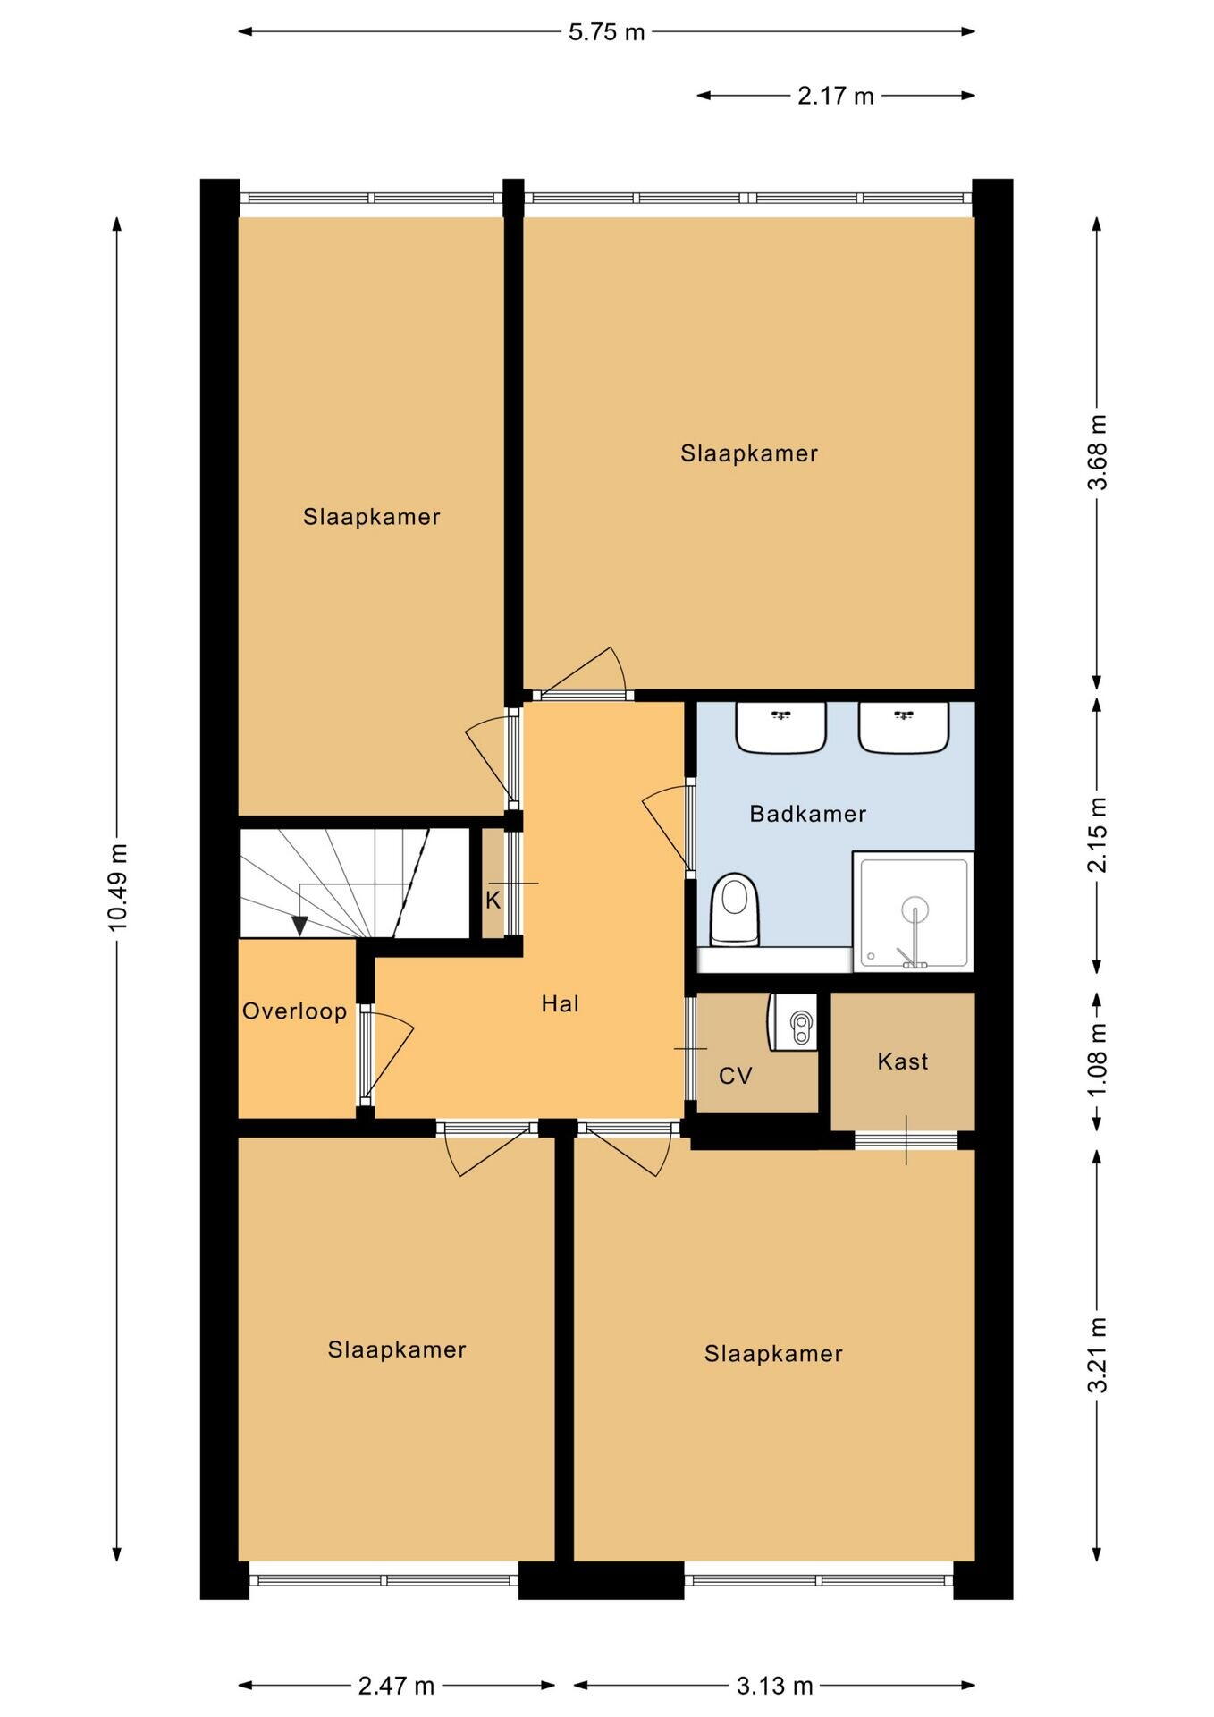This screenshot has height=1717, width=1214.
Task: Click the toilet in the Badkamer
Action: [x=734, y=909]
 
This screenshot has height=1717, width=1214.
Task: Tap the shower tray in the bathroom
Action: [x=913, y=911]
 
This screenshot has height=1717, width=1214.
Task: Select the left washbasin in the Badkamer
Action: [x=780, y=727]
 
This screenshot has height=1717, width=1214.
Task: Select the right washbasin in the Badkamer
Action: [x=903, y=727]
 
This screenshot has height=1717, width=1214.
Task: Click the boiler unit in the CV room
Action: [x=793, y=1021]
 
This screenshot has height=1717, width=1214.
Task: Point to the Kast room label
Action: [x=902, y=1061]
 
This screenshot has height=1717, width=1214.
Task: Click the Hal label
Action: [x=560, y=1003]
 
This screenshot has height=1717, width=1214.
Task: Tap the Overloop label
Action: [x=294, y=1011]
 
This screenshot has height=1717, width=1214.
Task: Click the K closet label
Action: [x=493, y=901]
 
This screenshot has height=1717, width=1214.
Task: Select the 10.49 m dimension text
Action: [x=118, y=886]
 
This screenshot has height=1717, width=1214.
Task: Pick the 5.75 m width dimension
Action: [x=606, y=32]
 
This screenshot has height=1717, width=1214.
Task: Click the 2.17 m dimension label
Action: [x=835, y=96]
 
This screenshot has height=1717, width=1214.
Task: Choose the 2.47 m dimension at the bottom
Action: [x=396, y=1686]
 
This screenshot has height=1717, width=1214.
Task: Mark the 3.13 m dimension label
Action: [x=774, y=1686]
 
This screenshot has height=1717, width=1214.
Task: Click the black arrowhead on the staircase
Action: [x=299, y=926]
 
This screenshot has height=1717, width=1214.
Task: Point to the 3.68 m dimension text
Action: [x=1097, y=453]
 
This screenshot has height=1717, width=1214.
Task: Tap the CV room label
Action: [x=736, y=1076]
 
